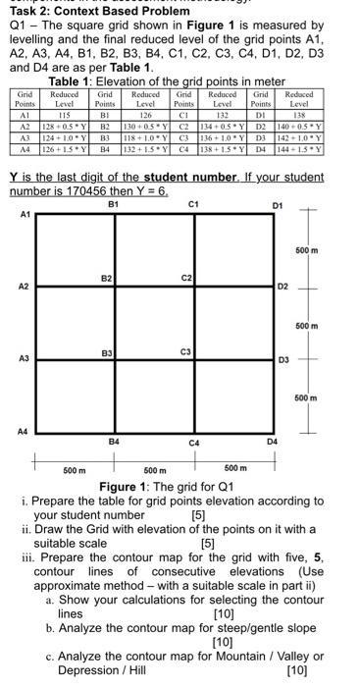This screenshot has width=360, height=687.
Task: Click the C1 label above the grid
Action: tap(193, 204)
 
